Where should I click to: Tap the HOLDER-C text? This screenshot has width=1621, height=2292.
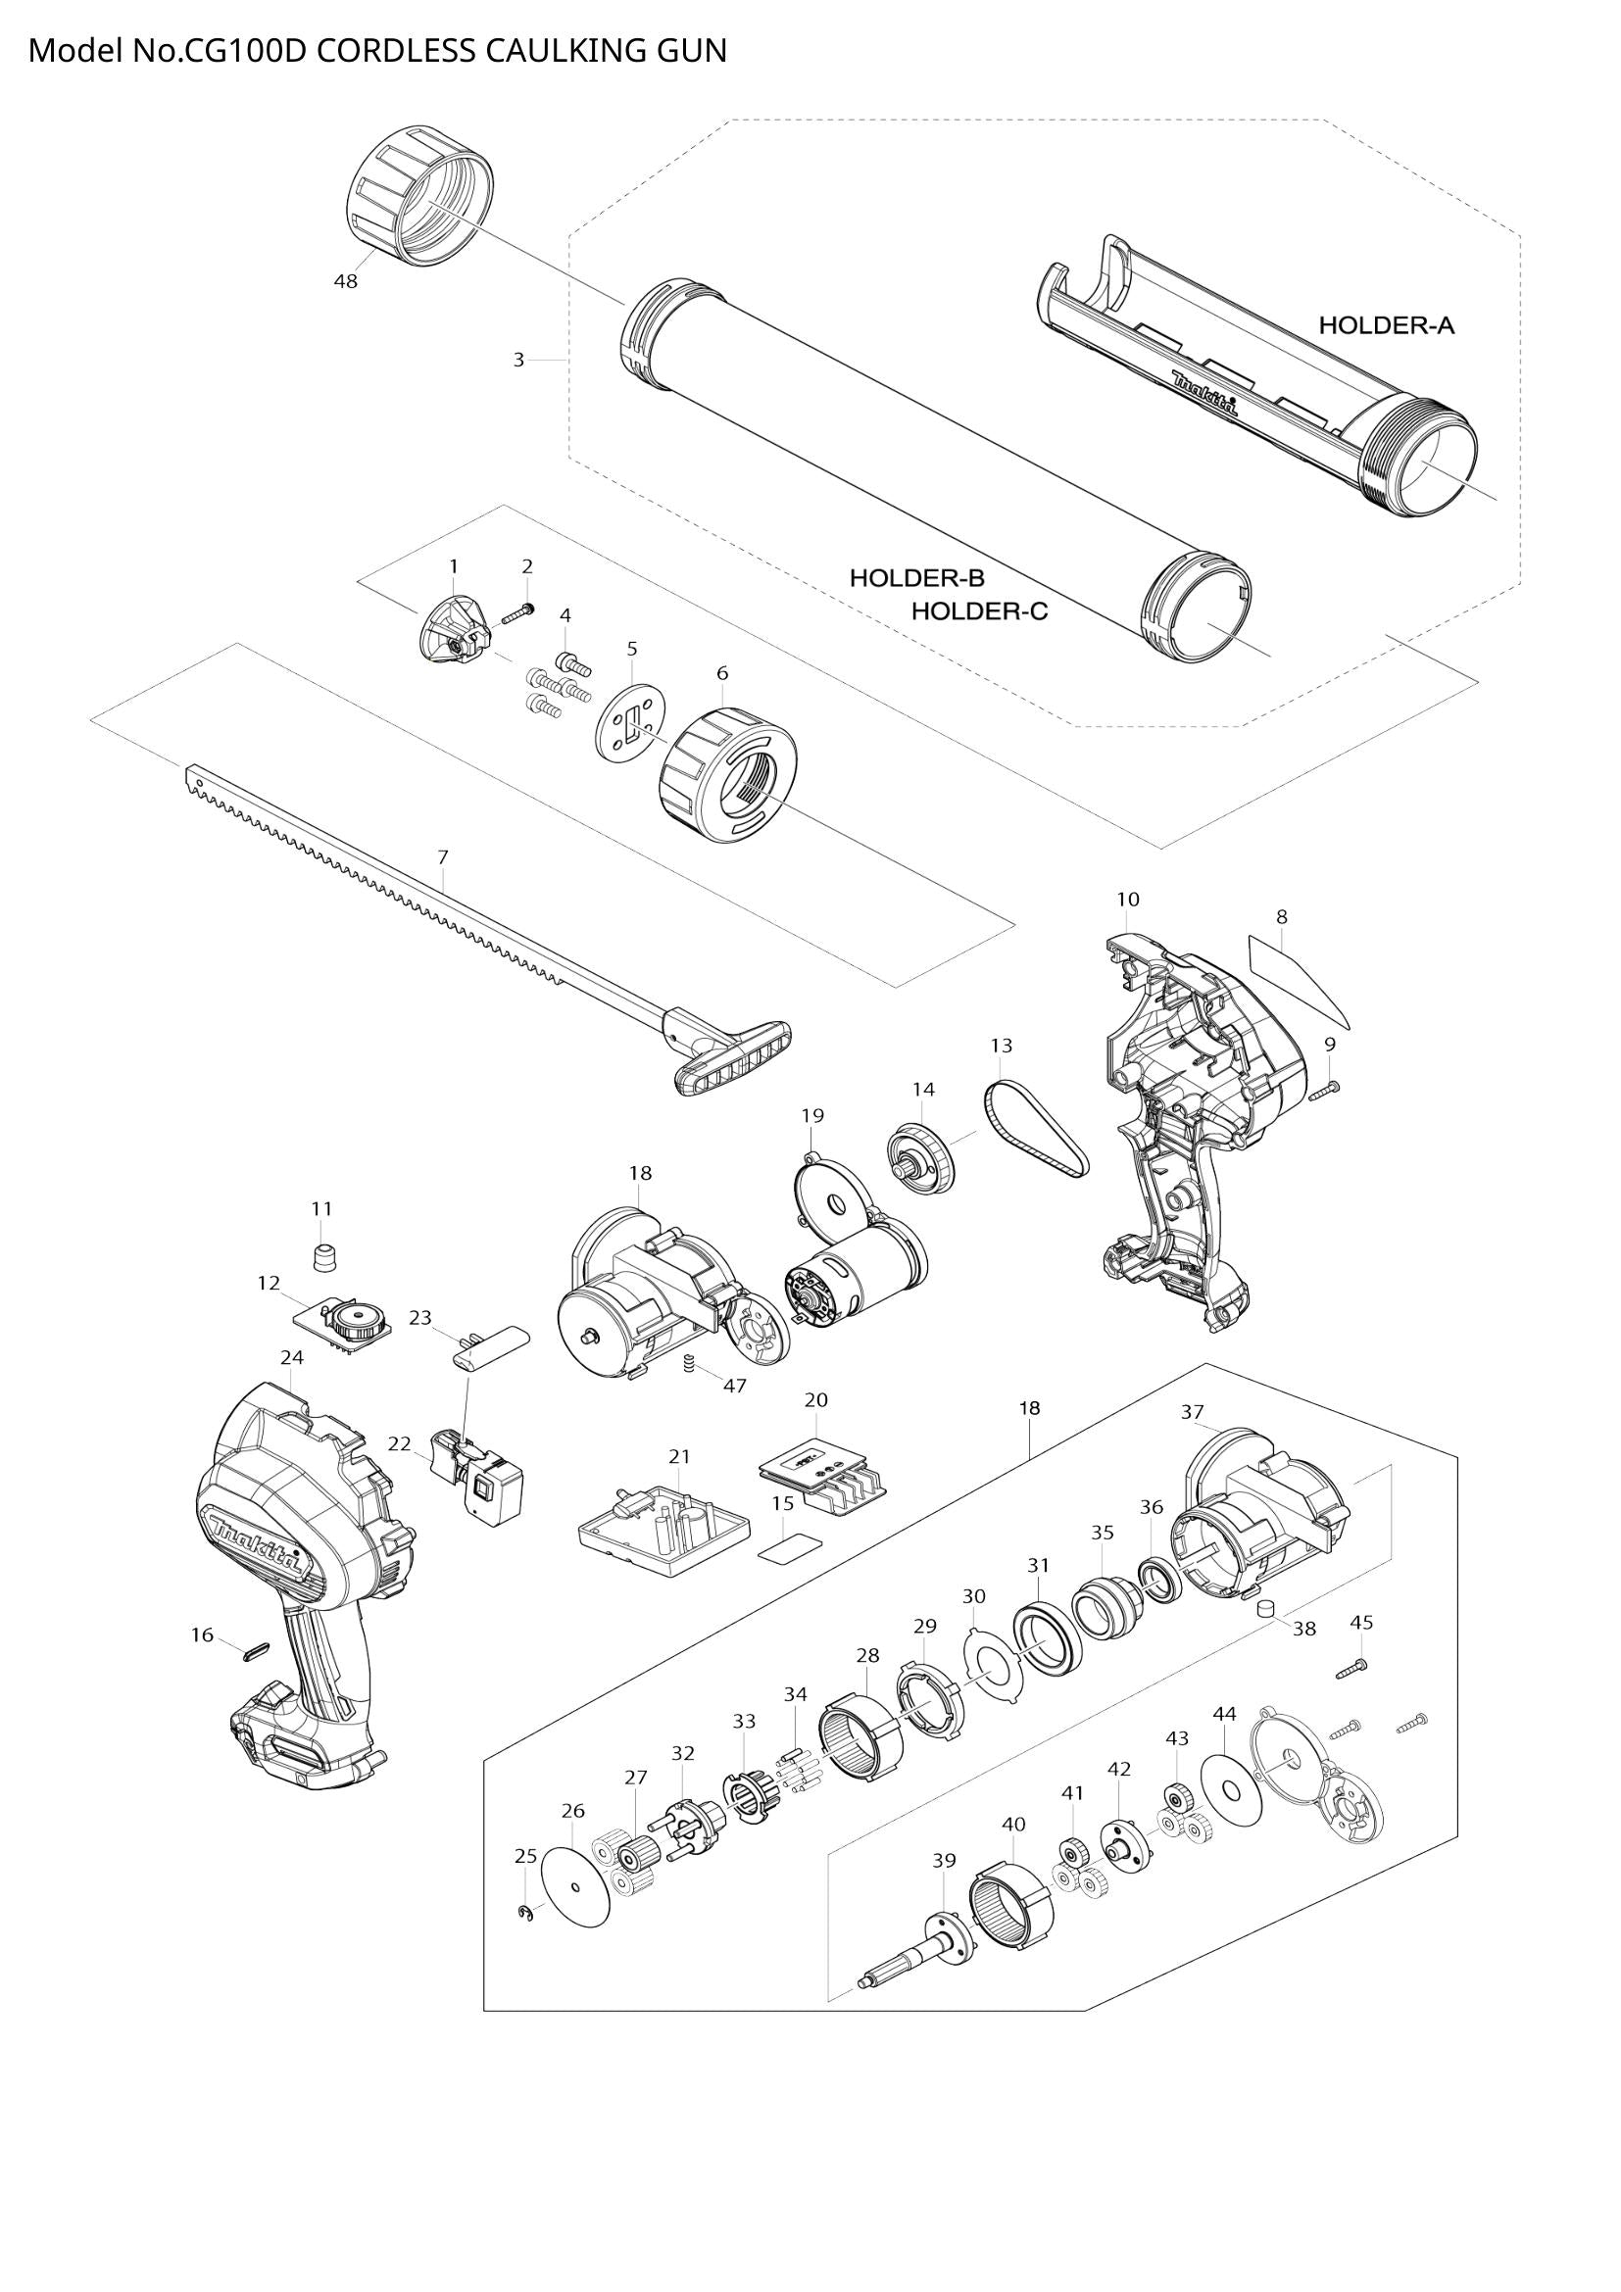coord(979,610)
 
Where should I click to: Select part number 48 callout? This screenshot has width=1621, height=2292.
coord(345,281)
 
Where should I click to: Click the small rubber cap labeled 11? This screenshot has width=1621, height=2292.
coord(321,1257)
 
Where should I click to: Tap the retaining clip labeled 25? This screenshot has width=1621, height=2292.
coord(525,1913)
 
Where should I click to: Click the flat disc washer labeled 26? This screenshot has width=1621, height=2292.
coord(576,1886)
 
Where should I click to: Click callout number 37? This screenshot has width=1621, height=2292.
coord(1192,1411)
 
